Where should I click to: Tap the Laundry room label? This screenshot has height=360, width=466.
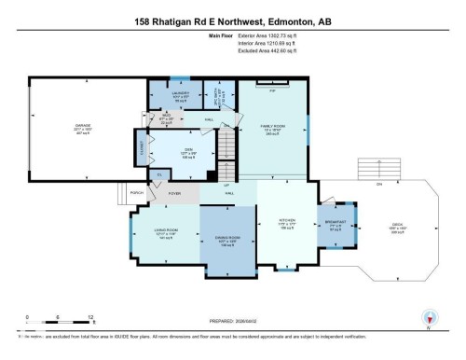coord(182,93)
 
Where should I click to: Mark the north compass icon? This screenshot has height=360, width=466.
coord(428,319)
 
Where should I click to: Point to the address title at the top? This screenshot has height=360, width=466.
coord(232,21)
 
